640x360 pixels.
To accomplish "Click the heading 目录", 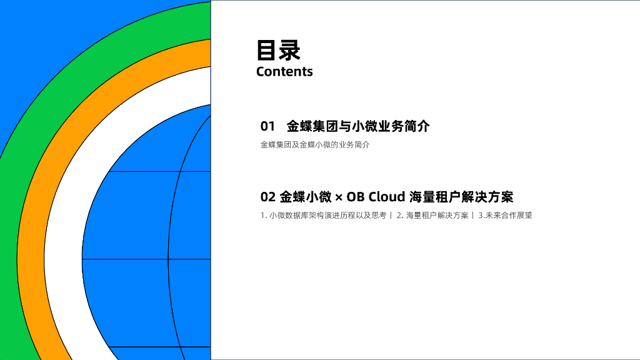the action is tap(278, 50).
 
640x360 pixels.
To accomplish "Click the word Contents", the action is tap(284, 71).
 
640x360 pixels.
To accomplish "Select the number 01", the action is tap(267, 126).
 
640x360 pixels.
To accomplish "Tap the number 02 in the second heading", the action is tap(267, 197).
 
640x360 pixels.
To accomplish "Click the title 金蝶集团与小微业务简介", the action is tap(358, 126).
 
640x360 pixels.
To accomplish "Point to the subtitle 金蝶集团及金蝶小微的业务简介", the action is tap(315, 145).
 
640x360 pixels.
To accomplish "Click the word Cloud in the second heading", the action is tap(386, 197).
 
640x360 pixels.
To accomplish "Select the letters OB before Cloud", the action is tap(355, 197).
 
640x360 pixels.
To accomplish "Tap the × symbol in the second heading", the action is tap(339, 198).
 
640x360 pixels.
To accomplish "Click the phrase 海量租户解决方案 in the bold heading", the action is tap(461, 197).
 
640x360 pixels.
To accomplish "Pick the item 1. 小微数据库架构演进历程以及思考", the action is tap(323, 216).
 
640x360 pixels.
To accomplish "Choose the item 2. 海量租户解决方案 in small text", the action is tap(432, 216).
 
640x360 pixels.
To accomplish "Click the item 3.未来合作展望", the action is tap(505, 216).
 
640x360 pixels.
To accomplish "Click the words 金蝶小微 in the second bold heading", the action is tap(306, 197).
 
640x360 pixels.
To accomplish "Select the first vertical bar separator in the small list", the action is tap(391, 216).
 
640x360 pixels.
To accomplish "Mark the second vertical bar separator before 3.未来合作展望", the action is tap(472, 216).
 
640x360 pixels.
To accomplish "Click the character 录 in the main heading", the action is tap(290, 50).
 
